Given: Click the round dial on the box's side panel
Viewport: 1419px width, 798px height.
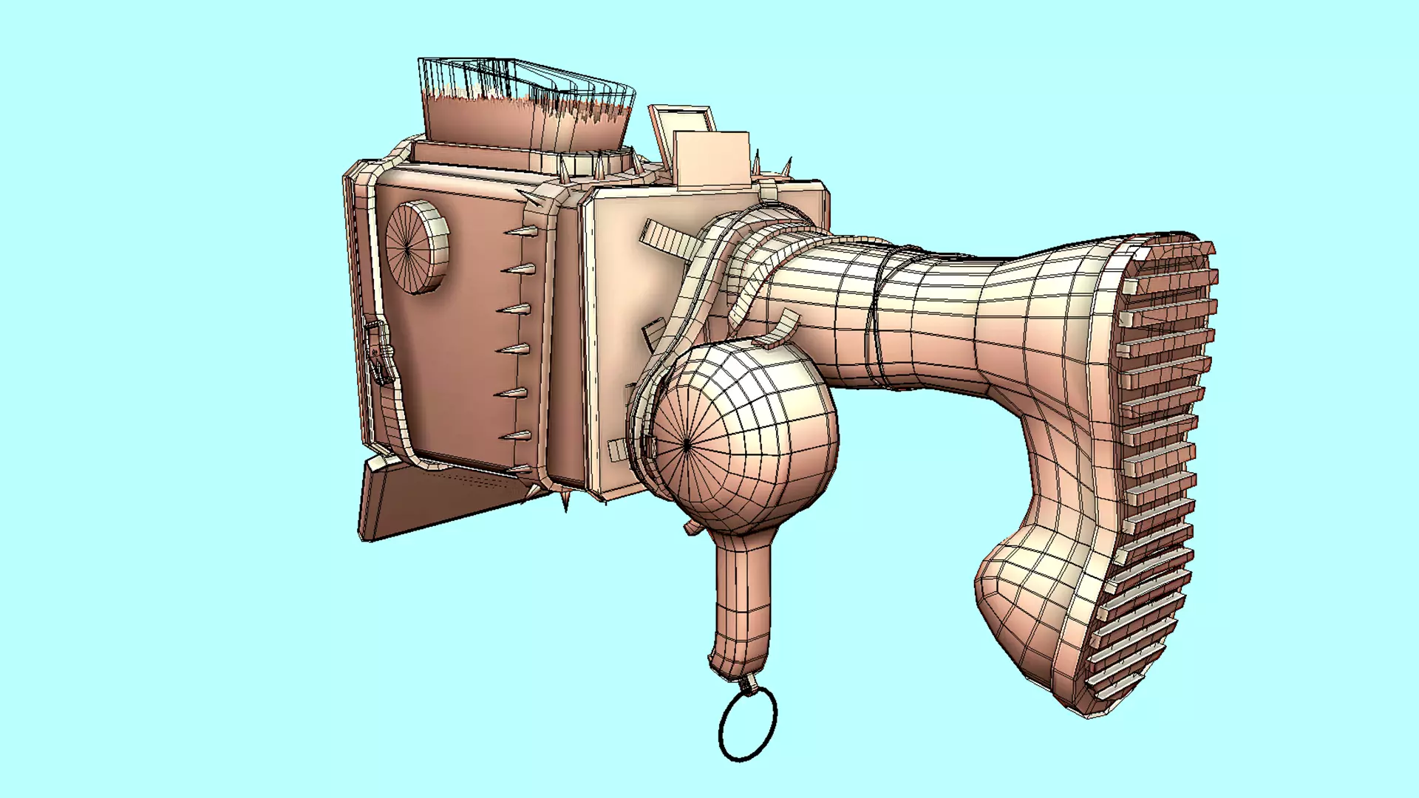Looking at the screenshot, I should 416,247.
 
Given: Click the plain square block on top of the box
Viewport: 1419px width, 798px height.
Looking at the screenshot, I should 711,158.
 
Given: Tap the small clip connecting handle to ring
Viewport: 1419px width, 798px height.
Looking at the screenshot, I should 749,684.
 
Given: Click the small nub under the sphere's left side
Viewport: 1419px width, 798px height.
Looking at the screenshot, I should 692,527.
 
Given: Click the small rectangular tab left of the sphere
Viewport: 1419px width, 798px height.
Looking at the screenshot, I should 616,449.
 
